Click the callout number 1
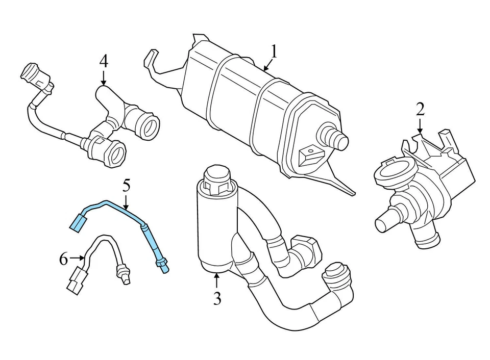(x=274, y=53)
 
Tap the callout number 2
(x=420, y=110)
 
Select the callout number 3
(x=217, y=298)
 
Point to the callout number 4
(x=104, y=62)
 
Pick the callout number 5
(x=126, y=186)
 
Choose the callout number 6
(x=63, y=260)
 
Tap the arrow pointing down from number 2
(x=420, y=127)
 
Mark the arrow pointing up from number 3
(x=217, y=280)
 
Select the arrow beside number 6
(x=77, y=259)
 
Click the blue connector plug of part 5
(x=79, y=223)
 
